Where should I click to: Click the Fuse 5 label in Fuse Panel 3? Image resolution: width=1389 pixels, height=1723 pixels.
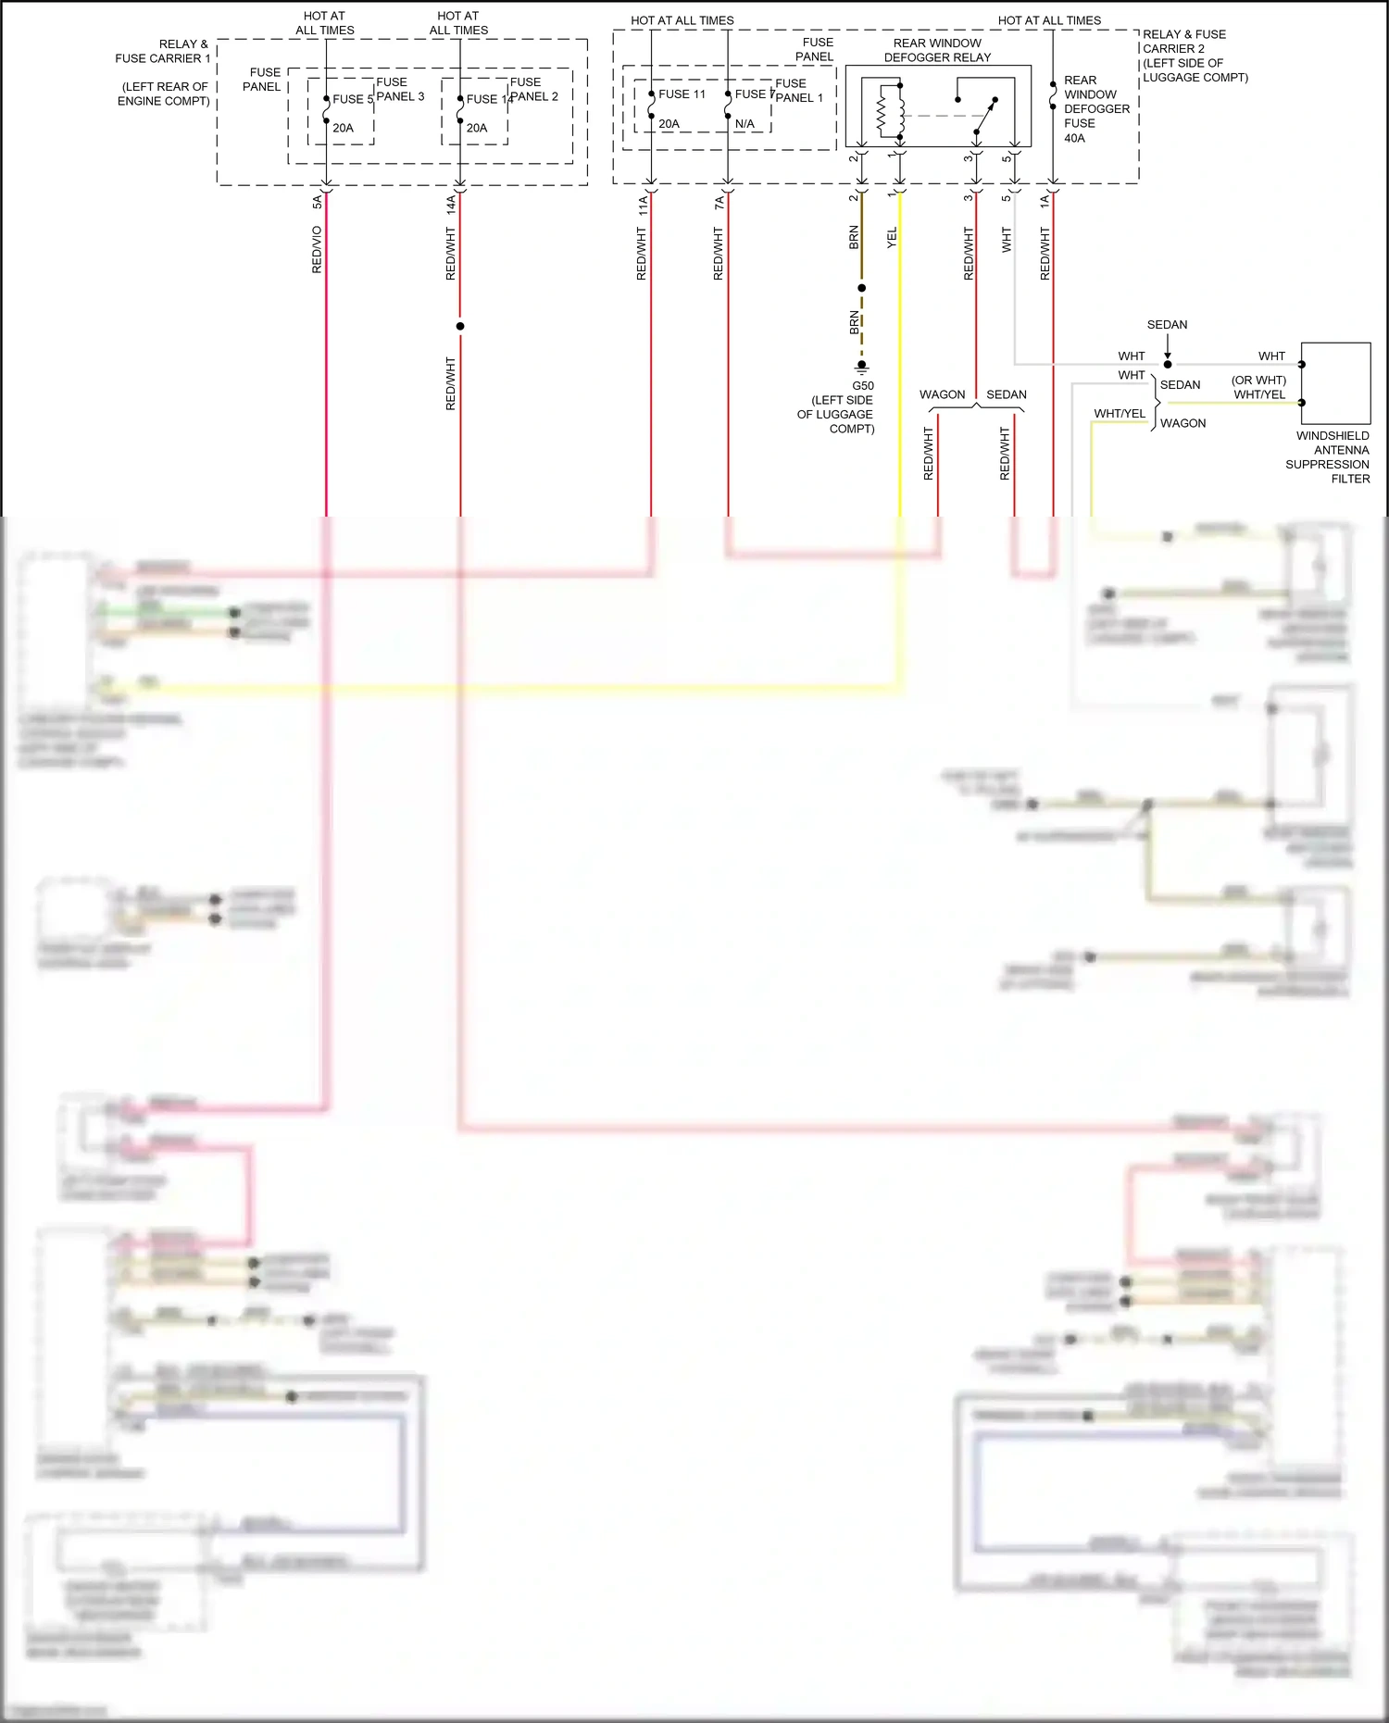click(352, 99)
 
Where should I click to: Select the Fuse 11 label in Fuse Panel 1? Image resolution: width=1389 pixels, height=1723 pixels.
click(682, 94)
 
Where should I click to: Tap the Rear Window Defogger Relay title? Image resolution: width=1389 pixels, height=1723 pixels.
click(937, 50)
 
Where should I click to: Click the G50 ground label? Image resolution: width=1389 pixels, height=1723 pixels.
click(862, 386)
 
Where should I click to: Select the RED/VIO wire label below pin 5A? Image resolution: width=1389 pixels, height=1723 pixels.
click(317, 250)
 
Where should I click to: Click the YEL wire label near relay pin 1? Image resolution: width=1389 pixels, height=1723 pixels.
click(892, 238)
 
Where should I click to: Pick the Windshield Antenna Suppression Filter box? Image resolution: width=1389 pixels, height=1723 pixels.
click(1335, 382)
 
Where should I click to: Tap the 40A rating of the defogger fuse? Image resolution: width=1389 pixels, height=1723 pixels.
click(1074, 139)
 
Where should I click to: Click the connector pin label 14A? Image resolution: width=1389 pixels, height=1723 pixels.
click(451, 205)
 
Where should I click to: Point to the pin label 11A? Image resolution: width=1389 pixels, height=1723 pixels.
click(643, 206)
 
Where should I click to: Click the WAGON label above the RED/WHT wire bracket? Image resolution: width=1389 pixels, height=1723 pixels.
click(942, 394)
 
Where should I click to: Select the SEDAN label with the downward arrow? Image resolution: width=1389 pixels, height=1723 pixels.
click(1167, 325)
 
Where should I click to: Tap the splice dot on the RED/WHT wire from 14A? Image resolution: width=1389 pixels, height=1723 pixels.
click(460, 326)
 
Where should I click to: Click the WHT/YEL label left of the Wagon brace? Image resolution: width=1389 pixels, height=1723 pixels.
click(1120, 414)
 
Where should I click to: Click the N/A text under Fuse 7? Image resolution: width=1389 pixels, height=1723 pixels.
click(745, 124)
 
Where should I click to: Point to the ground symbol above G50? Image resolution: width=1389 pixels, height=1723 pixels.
click(861, 366)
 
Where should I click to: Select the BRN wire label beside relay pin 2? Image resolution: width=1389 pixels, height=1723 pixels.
click(854, 238)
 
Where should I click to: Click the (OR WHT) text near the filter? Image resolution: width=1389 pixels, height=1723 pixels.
click(1258, 381)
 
